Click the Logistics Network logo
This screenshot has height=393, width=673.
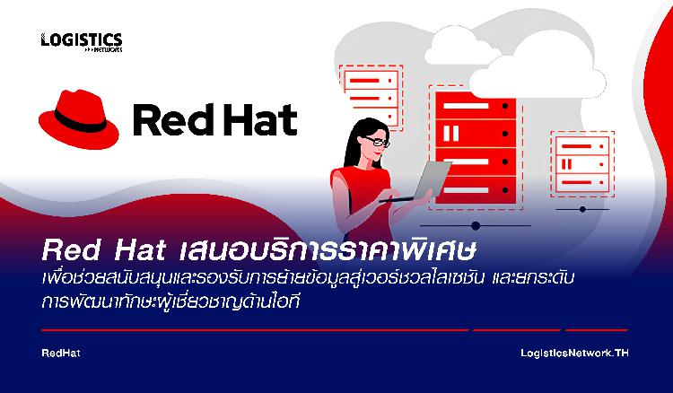click(x=82, y=42)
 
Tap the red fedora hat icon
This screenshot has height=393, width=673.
click(x=79, y=119)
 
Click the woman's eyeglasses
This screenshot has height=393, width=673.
click(x=376, y=141)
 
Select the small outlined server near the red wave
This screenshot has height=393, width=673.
click(x=582, y=164)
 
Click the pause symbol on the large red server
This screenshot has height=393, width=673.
click(x=450, y=134)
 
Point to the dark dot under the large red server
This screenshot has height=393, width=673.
click(x=475, y=226)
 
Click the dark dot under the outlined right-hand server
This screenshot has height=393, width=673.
click(x=582, y=209)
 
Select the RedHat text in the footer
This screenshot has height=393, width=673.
click(x=61, y=354)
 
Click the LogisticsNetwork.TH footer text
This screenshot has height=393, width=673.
click(x=574, y=354)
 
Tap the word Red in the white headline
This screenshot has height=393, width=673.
click(x=72, y=250)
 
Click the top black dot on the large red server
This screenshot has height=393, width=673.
click(x=505, y=106)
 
